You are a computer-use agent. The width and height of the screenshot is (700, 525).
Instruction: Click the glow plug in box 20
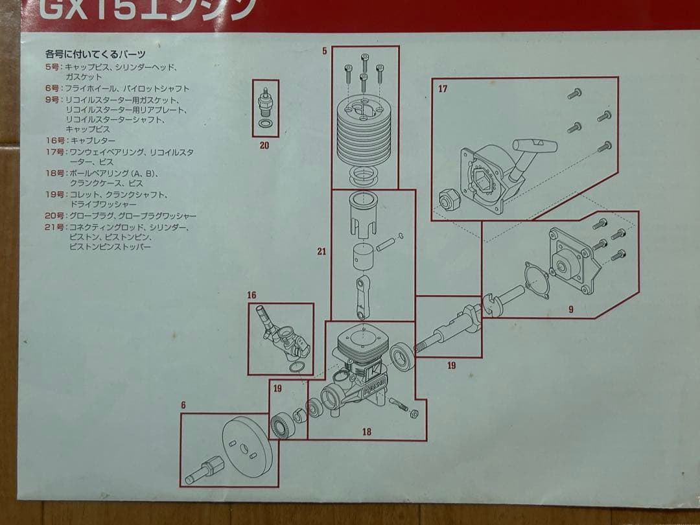(264, 102)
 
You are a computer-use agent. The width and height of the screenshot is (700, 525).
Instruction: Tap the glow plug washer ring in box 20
(265, 123)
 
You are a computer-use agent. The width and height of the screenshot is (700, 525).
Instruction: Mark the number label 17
(443, 89)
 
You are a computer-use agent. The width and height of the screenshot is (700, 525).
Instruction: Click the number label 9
(570, 310)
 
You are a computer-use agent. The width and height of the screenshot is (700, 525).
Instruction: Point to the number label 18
(367, 432)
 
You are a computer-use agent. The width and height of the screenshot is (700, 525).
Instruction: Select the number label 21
(321, 251)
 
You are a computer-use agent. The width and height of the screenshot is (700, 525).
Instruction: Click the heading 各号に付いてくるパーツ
(95, 54)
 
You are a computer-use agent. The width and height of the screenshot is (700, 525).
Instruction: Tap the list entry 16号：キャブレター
(80, 140)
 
